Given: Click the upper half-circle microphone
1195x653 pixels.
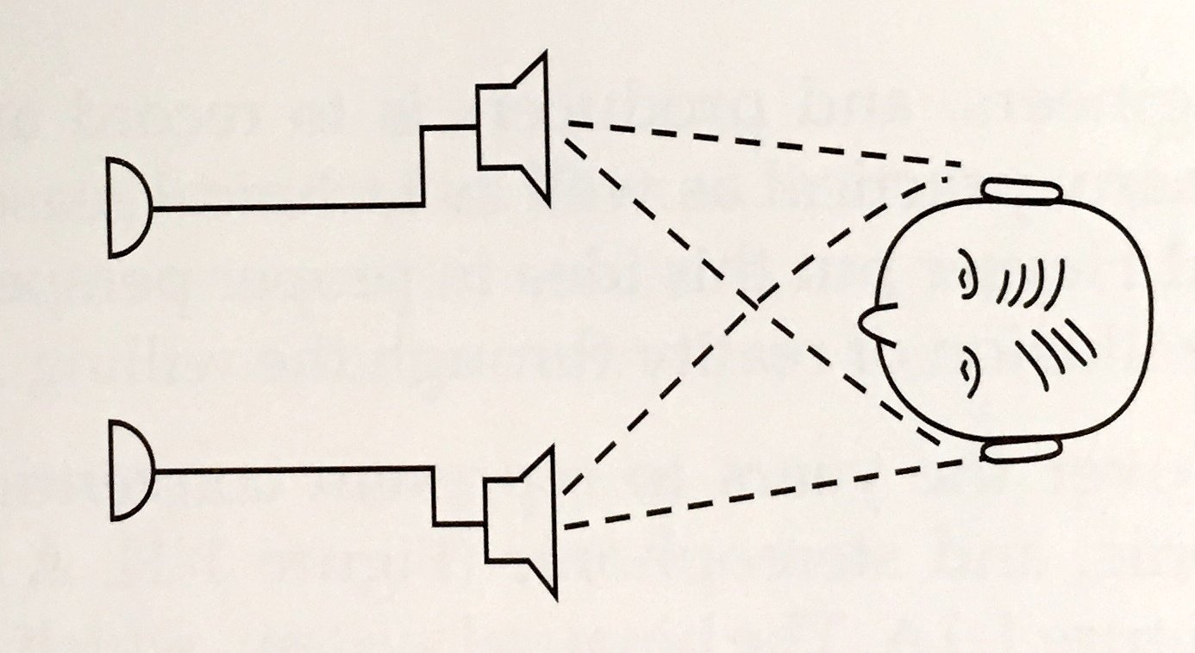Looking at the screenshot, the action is pyautogui.click(x=128, y=208).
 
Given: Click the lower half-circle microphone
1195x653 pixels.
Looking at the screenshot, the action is pyautogui.click(x=129, y=470).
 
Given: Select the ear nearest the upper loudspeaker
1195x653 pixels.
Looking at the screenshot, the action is pyautogui.click(x=1021, y=190).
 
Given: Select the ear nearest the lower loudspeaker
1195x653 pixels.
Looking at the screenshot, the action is pyautogui.click(x=1021, y=450).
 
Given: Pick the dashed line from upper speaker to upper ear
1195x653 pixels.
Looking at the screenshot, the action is pyautogui.click(x=759, y=143).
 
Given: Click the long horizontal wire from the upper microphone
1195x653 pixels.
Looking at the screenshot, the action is pyautogui.click(x=285, y=208).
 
